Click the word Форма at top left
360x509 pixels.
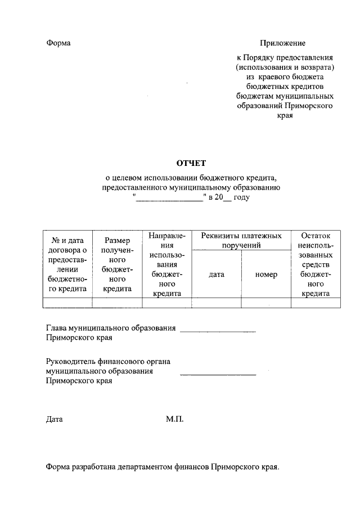point(58,43)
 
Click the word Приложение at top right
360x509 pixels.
point(282,43)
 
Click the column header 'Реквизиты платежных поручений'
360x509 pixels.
point(241,240)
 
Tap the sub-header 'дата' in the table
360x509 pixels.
point(217,274)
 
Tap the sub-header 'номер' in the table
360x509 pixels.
point(266,274)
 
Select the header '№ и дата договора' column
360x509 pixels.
point(67,265)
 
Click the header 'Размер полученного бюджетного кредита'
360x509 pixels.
point(117,265)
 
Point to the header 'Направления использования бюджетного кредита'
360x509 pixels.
point(167,264)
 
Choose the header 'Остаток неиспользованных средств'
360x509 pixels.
point(316,264)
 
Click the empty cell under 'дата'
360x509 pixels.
point(217,303)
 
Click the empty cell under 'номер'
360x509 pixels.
point(266,303)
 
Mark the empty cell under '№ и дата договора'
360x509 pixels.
point(67,303)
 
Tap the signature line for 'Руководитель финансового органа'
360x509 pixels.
point(218,374)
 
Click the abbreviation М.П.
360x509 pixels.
point(175,419)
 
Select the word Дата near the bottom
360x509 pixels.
point(55,419)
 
